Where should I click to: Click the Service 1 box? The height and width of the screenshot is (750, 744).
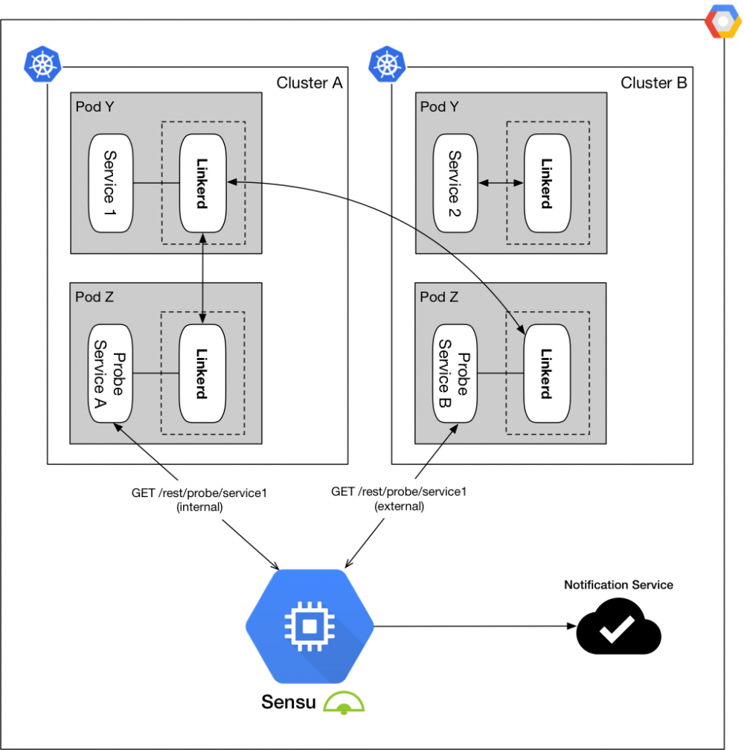110,182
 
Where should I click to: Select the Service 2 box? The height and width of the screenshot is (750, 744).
455,182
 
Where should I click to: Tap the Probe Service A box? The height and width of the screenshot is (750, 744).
110,373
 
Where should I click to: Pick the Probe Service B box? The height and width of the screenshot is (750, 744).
455,373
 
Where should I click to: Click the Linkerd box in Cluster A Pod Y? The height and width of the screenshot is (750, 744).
203,182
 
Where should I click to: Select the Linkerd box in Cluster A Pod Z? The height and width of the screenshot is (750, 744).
202,373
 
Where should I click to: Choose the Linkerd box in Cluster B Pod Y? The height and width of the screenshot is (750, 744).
547,182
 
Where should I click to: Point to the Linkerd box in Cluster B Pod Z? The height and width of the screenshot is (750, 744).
547,373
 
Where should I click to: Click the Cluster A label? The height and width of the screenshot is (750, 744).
309,83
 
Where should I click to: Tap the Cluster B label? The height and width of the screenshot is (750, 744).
654,83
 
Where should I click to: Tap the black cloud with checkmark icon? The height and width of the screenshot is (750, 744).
618,629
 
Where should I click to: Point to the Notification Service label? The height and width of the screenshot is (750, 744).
618,585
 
